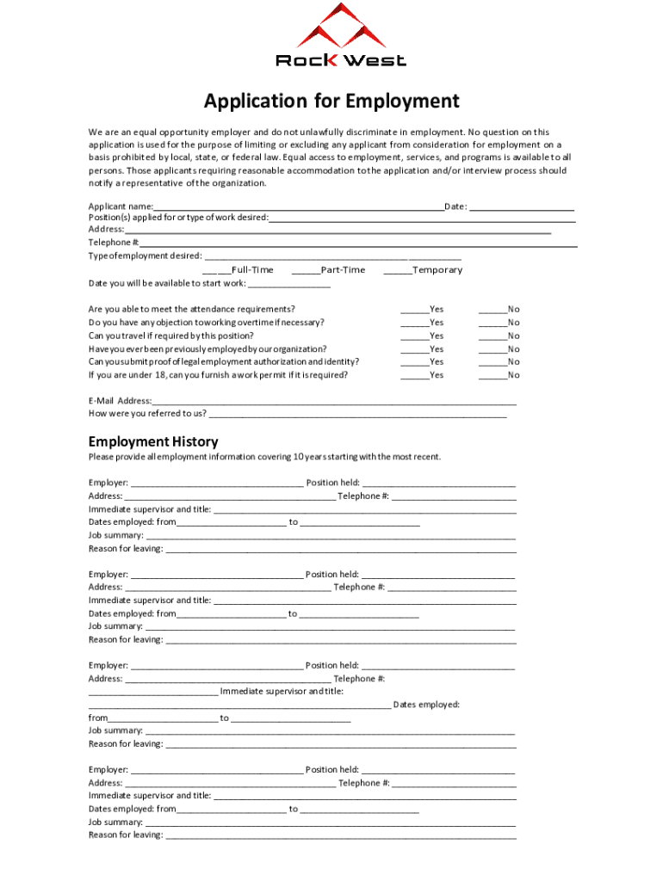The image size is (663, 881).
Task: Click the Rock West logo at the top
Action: [x=340, y=36]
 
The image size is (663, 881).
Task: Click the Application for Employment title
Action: [x=331, y=102]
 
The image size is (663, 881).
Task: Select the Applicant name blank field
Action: [x=298, y=207]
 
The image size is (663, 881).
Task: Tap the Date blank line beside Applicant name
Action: [x=522, y=207]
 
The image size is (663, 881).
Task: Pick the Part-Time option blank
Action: [x=306, y=270]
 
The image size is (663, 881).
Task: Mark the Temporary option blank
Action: [x=398, y=270]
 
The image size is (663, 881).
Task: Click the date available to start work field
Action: [x=289, y=284]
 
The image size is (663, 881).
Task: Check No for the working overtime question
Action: [x=493, y=323]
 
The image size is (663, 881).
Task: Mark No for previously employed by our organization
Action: [x=493, y=349]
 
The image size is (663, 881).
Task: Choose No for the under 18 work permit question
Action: [x=493, y=375]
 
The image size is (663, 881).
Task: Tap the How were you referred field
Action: [x=357, y=414]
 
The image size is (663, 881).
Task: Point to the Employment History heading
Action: [x=153, y=442]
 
